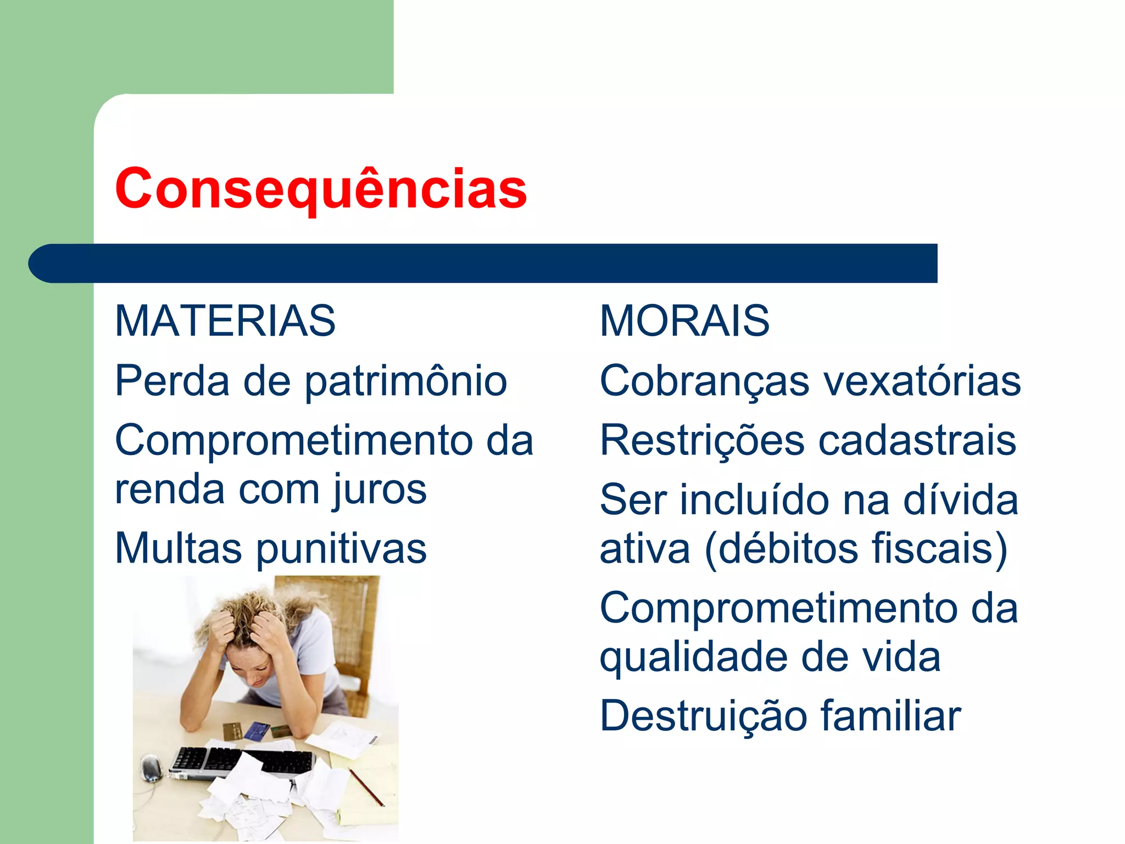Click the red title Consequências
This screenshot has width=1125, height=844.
[x=321, y=188]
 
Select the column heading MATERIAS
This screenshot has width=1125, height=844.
[x=225, y=321]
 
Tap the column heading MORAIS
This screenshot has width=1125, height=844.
[x=684, y=321]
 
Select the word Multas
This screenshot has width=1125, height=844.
[x=178, y=548]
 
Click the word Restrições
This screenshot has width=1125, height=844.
[x=702, y=441]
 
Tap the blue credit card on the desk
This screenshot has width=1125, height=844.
[x=256, y=731]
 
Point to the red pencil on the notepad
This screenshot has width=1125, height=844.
[x=366, y=787]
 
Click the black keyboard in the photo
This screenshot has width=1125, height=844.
[x=242, y=762]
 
